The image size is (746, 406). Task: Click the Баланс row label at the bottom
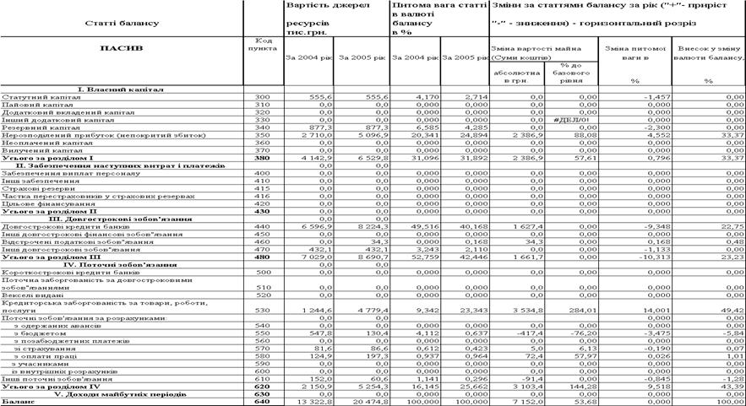coord(19,401)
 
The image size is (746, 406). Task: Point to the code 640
coord(264,401)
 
